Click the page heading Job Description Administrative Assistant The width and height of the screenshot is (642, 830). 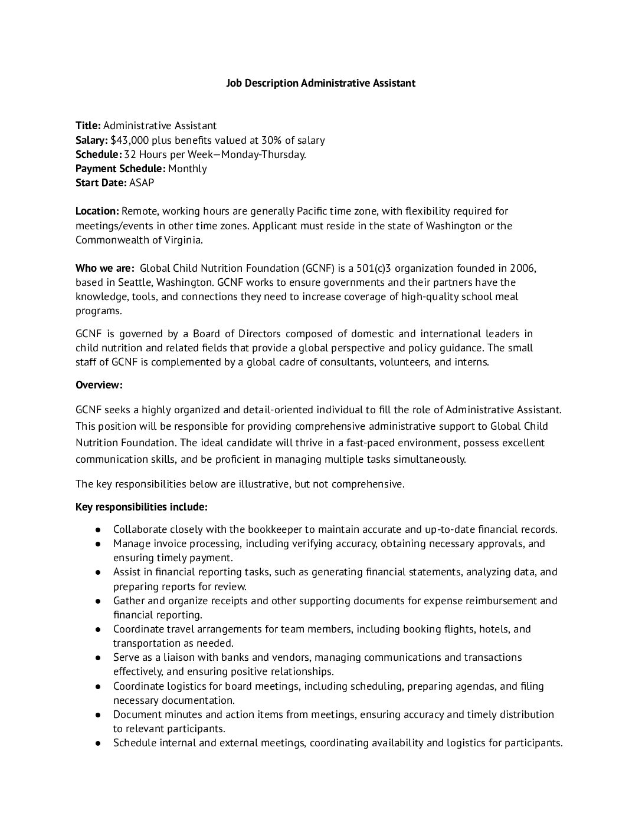click(320, 83)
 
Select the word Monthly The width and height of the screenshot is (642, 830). click(187, 169)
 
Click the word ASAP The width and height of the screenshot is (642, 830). click(142, 183)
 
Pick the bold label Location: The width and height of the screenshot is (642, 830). click(97, 211)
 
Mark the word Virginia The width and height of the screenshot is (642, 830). click(181, 240)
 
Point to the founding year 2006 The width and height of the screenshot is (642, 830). click(523, 268)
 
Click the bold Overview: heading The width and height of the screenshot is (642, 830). click(99, 385)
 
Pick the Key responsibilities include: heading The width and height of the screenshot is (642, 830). click(142, 507)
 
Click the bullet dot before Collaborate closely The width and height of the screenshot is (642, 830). click(99, 529)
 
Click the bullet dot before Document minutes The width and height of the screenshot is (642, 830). click(99, 714)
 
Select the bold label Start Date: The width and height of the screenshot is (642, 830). click(101, 183)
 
